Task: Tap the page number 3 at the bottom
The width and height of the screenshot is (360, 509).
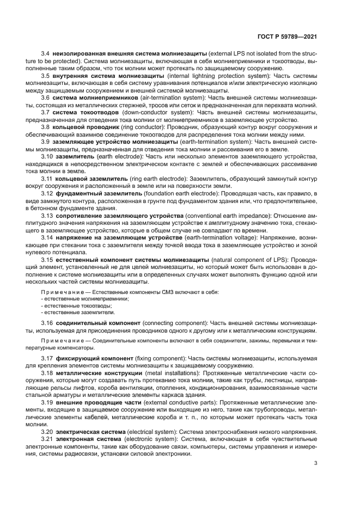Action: [x=315, y=464]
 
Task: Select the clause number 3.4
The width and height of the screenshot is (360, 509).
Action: [x=46, y=53]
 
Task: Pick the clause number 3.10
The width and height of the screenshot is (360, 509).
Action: [x=47, y=156]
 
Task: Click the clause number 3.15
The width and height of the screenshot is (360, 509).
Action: [x=47, y=260]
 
